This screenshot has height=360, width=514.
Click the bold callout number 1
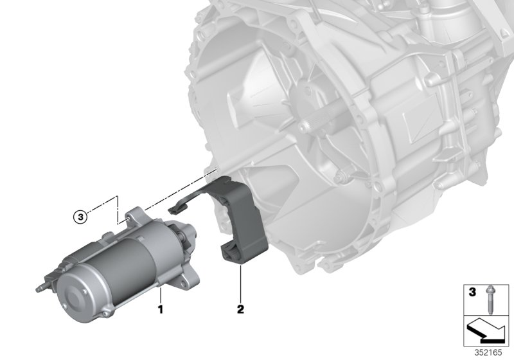click(160, 309)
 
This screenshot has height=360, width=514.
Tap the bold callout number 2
click(240, 309)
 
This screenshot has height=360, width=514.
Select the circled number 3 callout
click(80, 217)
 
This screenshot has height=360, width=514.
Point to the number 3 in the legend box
click(472, 292)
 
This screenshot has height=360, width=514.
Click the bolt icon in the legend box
click(490, 300)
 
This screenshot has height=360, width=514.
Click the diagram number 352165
click(488, 352)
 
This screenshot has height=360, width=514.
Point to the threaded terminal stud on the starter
click(40, 289)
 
